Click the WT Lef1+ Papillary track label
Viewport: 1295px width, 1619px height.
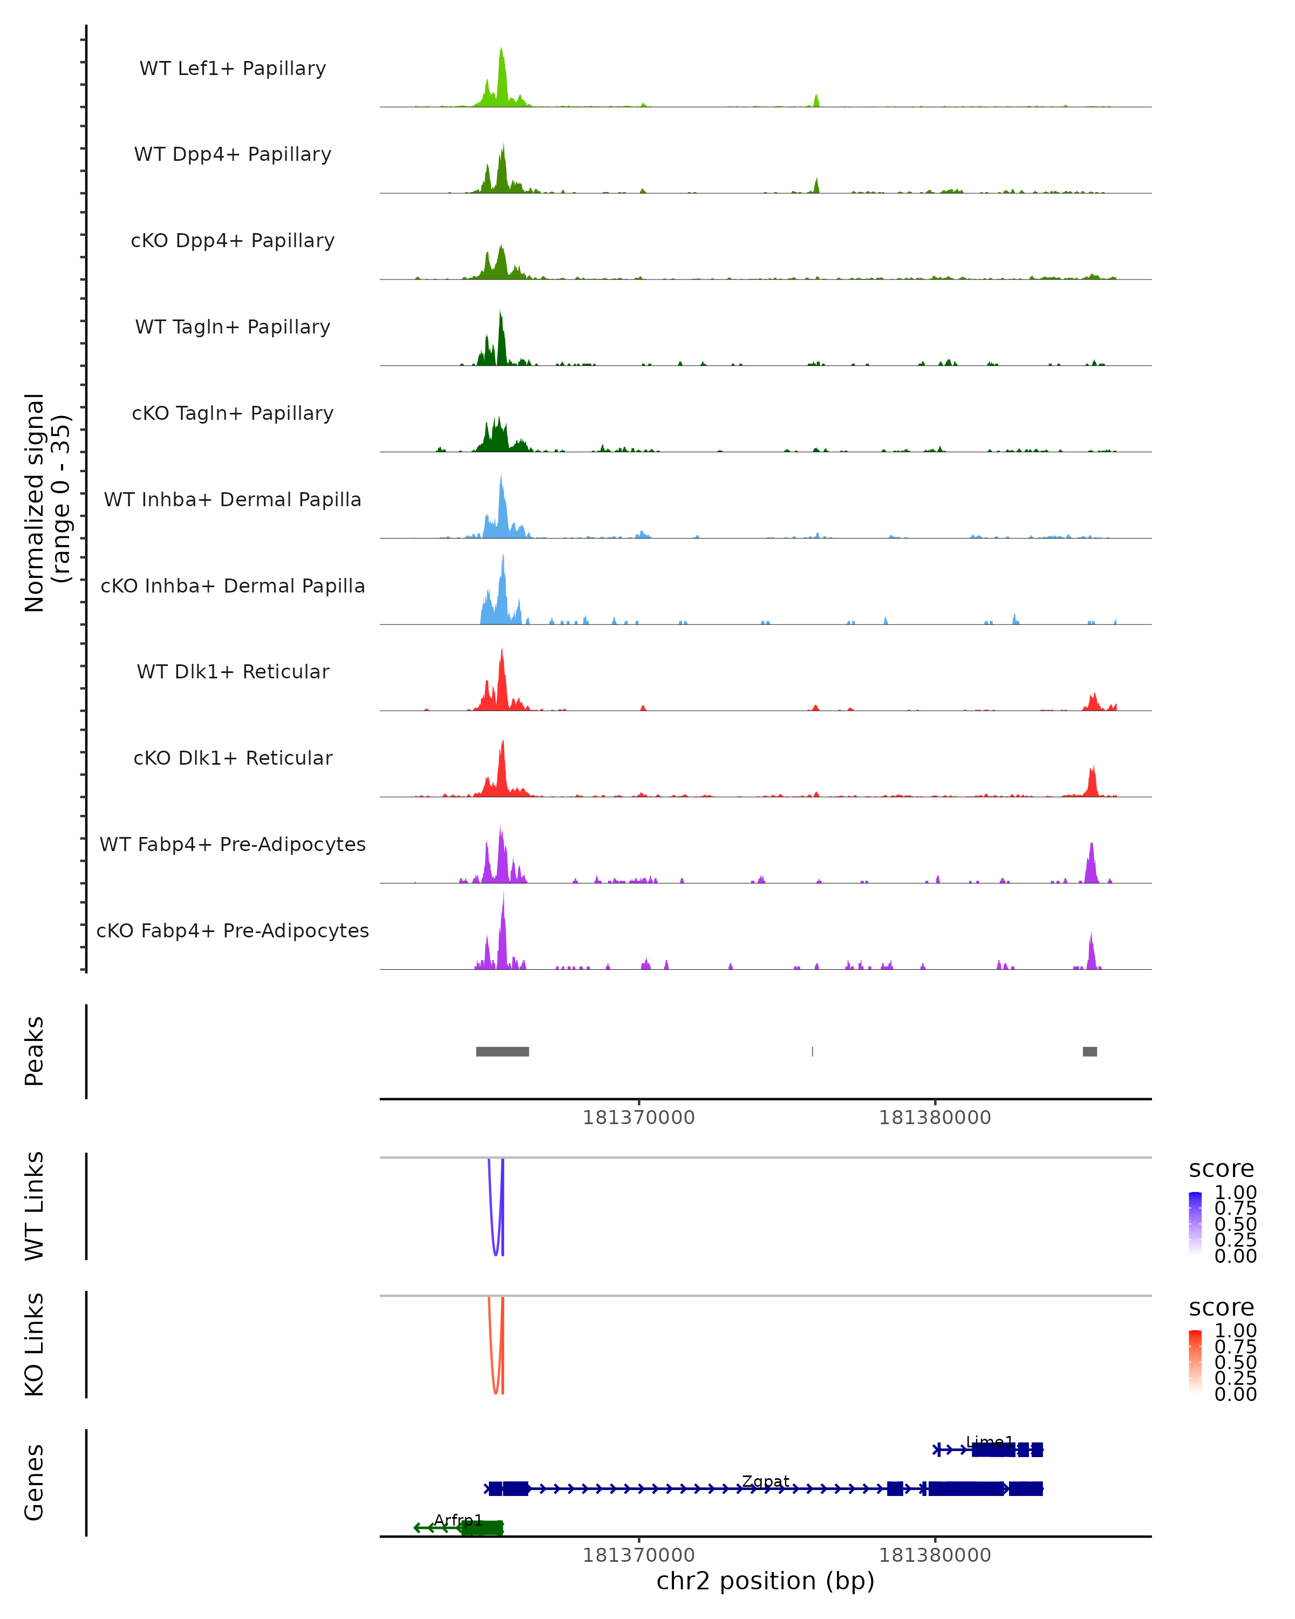233,69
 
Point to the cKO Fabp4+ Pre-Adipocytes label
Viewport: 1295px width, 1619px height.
233,930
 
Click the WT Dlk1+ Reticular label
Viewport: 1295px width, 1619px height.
233,671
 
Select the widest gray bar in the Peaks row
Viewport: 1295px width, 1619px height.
502,1051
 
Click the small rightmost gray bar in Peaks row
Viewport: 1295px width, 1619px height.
1089,1051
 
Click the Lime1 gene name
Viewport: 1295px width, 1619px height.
990,1442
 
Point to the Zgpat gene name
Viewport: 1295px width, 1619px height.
766,1481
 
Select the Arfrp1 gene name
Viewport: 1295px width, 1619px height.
458,1520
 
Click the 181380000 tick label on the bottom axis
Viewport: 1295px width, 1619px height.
935,1555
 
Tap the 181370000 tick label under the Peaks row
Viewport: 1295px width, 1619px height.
639,1118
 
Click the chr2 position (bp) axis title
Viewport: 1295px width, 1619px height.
765,1581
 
